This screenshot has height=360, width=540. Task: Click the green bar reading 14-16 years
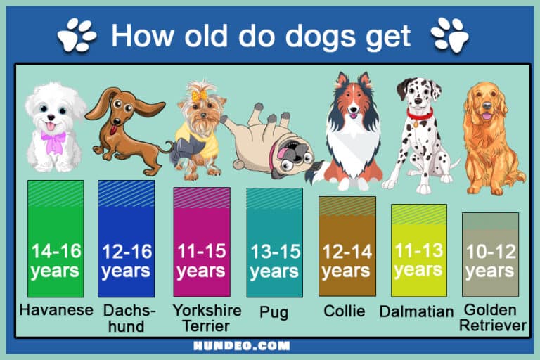click(56, 238)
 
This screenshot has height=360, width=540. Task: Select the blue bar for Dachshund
click(126, 238)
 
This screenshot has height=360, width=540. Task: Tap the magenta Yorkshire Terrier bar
click(202, 242)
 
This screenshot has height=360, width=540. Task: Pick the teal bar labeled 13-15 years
click(274, 242)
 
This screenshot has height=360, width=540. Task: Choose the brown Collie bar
click(347, 246)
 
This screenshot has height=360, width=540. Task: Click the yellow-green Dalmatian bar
click(418, 250)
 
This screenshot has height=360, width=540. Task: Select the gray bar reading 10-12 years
click(490, 254)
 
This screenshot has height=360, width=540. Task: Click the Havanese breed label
click(56, 310)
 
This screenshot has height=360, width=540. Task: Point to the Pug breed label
click(274, 312)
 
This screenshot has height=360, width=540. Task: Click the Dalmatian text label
click(416, 311)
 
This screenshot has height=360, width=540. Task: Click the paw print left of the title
click(77, 34)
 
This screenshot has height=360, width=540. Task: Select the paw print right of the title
click(451, 34)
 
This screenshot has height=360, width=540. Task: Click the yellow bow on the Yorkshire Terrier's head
click(198, 94)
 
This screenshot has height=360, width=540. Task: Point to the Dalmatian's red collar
click(419, 114)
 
